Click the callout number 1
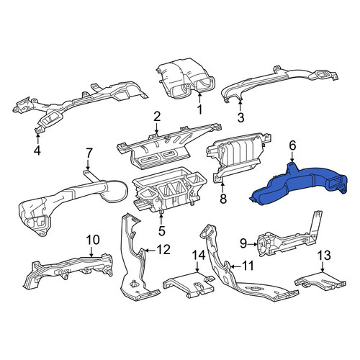pyautogui.click(x=199, y=109)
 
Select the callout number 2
pyautogui.click(x=157, y=117)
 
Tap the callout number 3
pyautogui.click(x=240, y=117)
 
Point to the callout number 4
pyautogui.click(x=37, y=150)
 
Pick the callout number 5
pyautogui.click(x=162, y=231)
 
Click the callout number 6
pyautogui.click(x=292, y=145)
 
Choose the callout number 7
pyautogui.click(x=89, y=153)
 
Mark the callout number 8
pyautogui.click(x=223, y=199)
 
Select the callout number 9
pyautogui.click(x=243, y=244)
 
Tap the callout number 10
pyautogui.click(x=92, y=240)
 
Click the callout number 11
pyautogui.click(x=247, y=266)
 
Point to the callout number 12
pyautogui.click(x=163, y=250)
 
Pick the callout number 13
pyautogui.click(x=324, y=256)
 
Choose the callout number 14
pyautogui.click(x=199, y=255)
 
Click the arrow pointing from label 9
pyautogui.click(x=252, y=244)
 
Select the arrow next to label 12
pyautogui.click(x=150, y=251)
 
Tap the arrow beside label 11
pyautogui.click(x=235, y=266)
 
